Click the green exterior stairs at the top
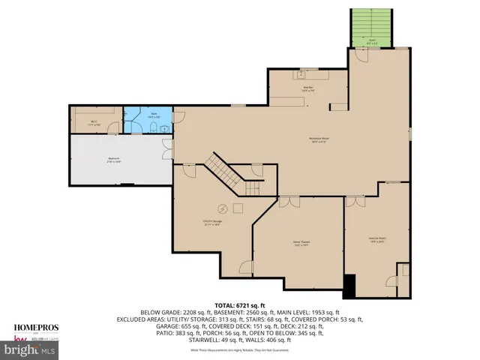371,28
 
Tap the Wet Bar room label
307,89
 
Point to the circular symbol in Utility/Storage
222,208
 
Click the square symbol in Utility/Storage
238,208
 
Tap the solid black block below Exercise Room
349,285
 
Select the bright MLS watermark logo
30,349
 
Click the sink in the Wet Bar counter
305,73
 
